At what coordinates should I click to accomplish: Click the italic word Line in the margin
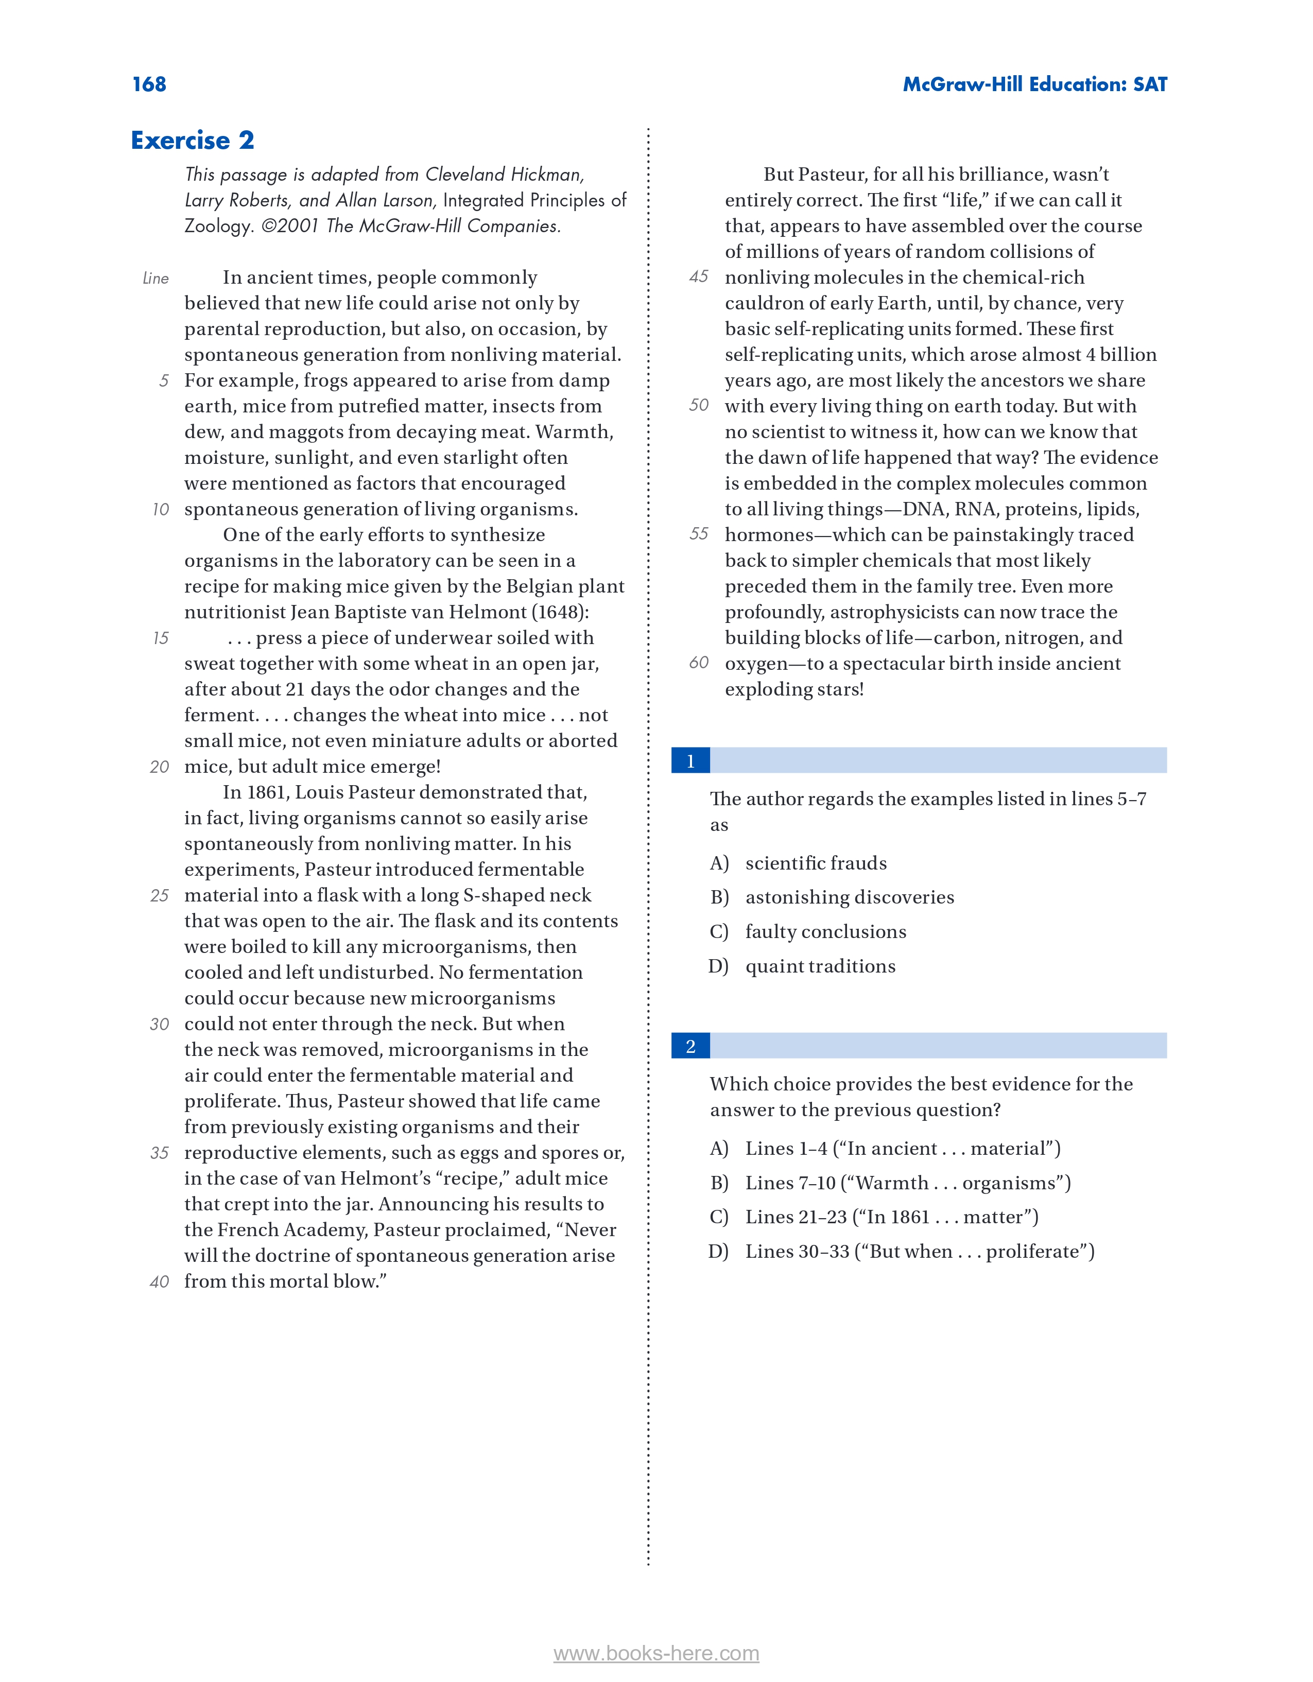tap(156, 278)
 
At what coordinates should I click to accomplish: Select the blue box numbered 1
tap(690, 761)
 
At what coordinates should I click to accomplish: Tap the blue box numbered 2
tap(690, 1046)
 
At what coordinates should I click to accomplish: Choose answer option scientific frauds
tap(816, 863)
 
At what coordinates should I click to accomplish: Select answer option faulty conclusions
tap(825, 932)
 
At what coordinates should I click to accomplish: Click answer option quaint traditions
tap(820, 966)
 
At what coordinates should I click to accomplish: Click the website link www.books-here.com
tap(656, 1654)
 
